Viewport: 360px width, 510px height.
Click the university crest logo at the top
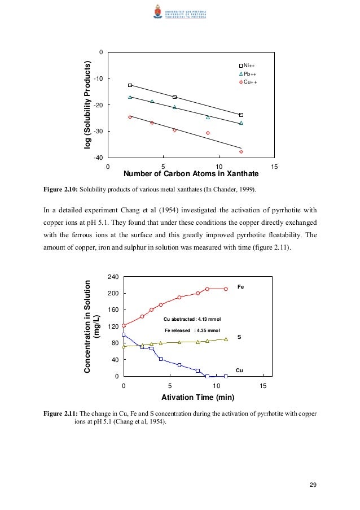coord(156,11)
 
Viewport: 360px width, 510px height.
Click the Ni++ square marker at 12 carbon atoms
coord(241,115)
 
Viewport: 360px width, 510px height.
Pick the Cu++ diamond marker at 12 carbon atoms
coord(241,151)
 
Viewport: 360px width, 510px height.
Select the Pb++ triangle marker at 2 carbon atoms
coord(130,97)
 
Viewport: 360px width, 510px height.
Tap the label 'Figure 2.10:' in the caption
coord(60,188)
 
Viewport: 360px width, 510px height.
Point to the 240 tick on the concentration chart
coord(112,277)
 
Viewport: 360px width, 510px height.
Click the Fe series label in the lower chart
coord(240,287)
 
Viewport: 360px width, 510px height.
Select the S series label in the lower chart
coord(239,337)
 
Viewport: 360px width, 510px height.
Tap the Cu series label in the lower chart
coord(239,370)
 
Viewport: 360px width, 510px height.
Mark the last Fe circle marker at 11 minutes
coord(226,289)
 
